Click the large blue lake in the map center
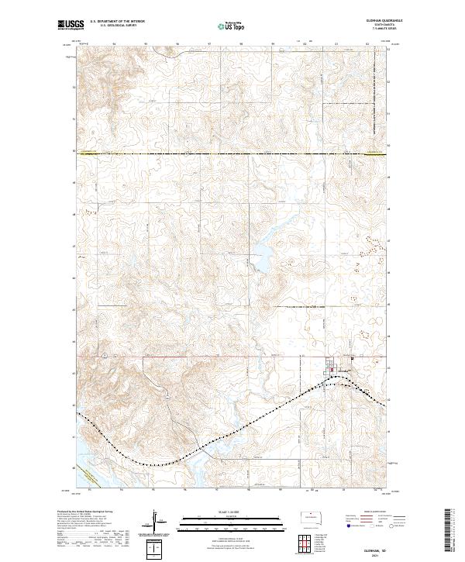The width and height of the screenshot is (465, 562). pos(259,260)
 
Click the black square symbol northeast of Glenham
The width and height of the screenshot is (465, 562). pos(352,358)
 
